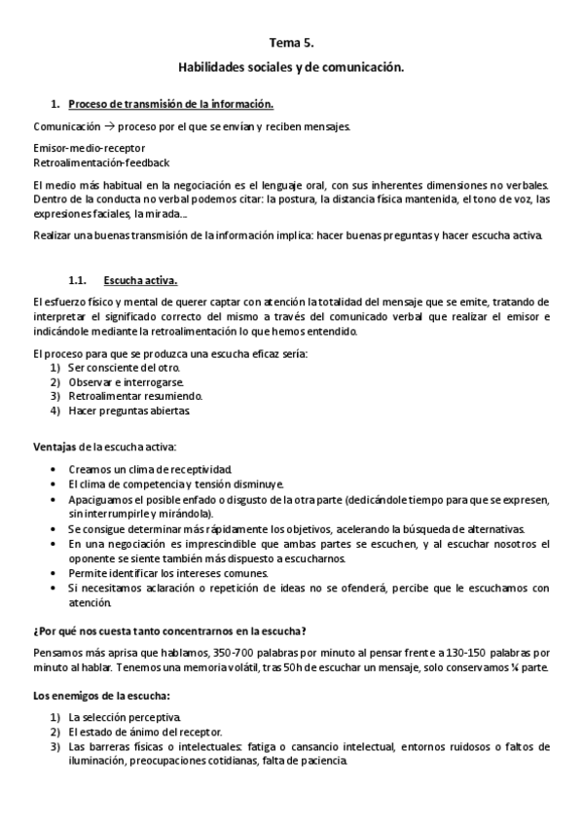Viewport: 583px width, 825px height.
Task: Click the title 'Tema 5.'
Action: click(x=291, y=43)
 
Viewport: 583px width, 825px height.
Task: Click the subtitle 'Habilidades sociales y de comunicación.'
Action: click(x=291, y=69)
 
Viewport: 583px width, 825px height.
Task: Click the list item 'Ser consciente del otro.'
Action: click(x=124, y=367)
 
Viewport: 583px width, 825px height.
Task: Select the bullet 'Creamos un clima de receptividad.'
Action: click(x=150, y=469)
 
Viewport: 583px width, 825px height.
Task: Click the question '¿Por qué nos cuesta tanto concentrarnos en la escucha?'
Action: click(x=170, y=630)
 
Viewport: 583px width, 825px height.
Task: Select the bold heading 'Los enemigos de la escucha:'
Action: click(x=101, y=695)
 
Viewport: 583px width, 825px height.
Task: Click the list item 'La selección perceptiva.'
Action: click(x=125, y=717)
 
